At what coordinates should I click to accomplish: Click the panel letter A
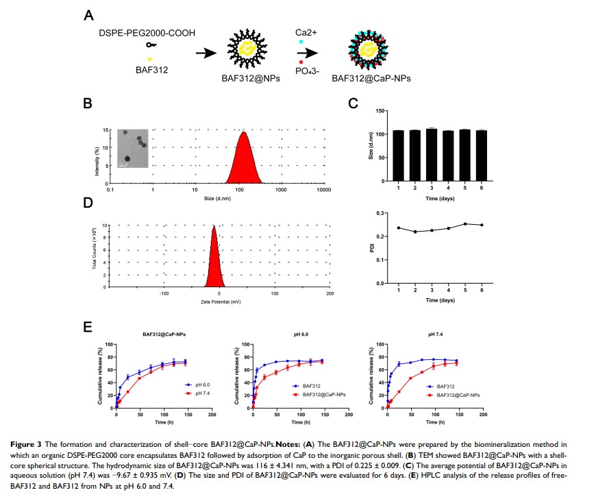(x=88, y=15)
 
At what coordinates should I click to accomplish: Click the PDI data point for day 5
(x=464, y=223)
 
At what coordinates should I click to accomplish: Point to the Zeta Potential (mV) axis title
(x=219, y=302)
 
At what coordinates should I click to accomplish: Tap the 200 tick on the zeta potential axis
(x=330, y=293)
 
